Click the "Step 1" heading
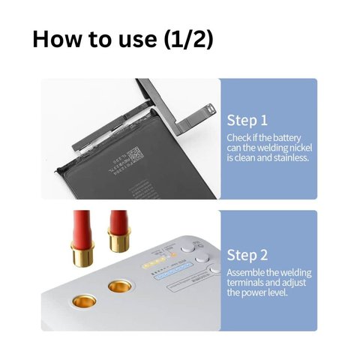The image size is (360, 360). click(x=247, y=121)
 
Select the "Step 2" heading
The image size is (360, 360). click(x=247, y=255)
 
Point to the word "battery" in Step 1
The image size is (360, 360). click(x=286, y=138)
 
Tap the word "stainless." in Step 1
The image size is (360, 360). click(x=292, y=157)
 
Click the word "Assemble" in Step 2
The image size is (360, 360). click(x=245, y=272)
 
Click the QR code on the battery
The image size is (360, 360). click(x=136, y=154)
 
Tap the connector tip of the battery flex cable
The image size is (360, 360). click(x=209, y=109)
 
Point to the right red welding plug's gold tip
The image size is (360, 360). click(x=119, y=239)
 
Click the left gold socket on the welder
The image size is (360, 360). click(x=84, y=301)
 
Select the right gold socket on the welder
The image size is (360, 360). click(x=120, y=286)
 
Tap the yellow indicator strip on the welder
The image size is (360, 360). click(x=153, y=262)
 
